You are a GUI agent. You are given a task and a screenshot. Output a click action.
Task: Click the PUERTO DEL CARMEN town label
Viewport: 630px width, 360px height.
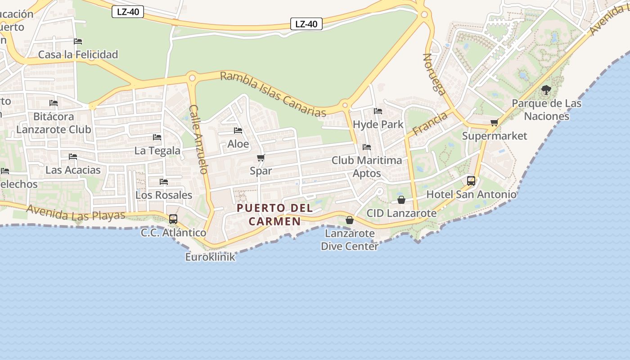coord(275,214)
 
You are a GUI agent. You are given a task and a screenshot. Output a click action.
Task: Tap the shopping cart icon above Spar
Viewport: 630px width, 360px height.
coord(261,158)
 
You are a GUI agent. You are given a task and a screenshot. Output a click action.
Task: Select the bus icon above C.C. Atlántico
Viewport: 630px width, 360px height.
coord(173,219)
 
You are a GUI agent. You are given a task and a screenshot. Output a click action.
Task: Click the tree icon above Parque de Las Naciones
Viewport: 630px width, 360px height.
coord(546,90)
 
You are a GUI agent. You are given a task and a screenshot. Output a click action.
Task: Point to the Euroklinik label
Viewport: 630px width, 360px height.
coord(210,257)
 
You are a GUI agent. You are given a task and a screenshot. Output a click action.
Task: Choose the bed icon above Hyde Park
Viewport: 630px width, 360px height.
coord(378,111)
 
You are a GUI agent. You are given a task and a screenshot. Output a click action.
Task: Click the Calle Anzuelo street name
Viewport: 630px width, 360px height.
coord(198,139)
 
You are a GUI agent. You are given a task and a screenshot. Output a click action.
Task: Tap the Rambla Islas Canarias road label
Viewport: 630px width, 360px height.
coord(273,94)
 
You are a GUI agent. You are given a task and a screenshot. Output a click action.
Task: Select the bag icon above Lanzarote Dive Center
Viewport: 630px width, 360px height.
coord(349,220)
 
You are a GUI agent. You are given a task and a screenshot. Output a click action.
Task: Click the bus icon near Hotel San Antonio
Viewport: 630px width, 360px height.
coord(471,181)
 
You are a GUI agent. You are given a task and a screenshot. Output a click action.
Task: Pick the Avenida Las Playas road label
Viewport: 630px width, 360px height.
coord(76,212)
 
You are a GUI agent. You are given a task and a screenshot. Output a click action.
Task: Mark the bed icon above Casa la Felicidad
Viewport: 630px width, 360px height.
coord(78,41)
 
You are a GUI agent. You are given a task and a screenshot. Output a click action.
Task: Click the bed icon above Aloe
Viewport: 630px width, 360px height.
coord(238,130)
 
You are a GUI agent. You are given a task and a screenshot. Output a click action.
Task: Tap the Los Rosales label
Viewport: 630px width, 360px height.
coord(164,195)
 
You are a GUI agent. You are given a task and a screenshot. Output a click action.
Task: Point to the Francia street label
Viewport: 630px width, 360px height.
coord(430,123)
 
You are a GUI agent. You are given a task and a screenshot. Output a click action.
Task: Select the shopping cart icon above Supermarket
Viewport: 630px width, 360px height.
coord(494,123)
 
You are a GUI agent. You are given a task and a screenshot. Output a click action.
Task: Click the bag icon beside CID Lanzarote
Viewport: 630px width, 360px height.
coord(401,200)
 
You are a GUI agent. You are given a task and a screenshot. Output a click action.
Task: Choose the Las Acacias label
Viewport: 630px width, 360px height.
coord(73,170)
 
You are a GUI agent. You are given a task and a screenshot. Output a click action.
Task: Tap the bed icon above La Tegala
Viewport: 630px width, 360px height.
coord(157,137)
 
